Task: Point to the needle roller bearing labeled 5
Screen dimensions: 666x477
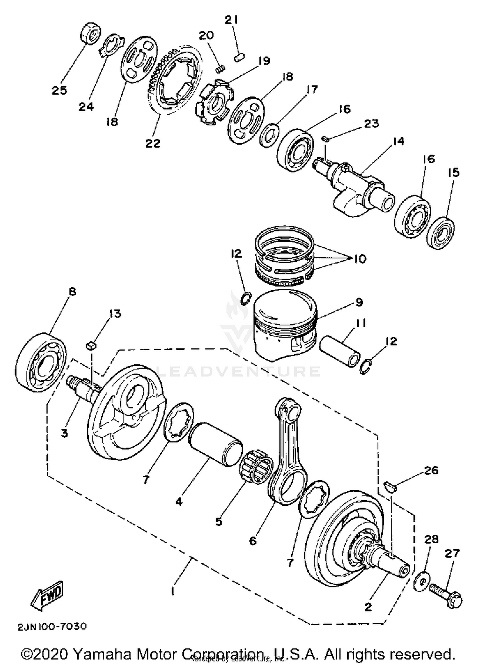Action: [x=256, y=468]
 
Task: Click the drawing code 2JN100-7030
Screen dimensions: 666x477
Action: [x=52, y=626]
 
